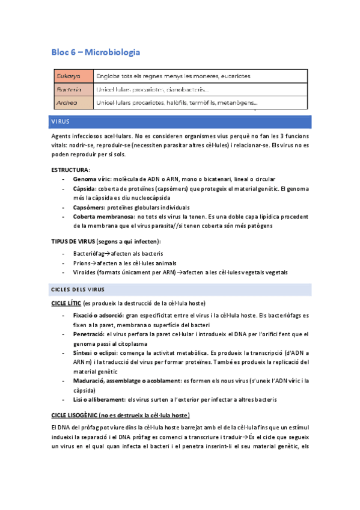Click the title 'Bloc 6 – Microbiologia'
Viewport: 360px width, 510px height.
(96, 52)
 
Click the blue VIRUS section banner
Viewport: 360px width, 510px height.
(180, 121)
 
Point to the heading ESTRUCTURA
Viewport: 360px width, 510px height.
(71, 170)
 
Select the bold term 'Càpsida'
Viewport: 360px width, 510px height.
(85, 188)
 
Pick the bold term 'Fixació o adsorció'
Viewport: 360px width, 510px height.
(98, 315)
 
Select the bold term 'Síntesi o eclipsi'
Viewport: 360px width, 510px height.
(96, 352)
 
